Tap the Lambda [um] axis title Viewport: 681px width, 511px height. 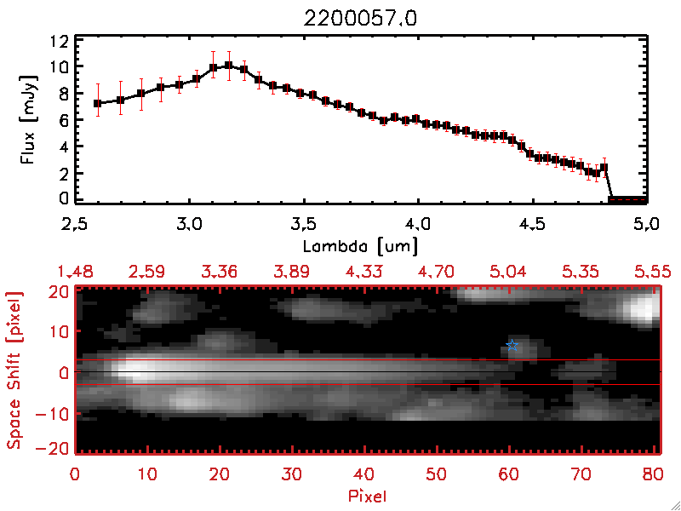pyautogui.click(x=360, y=246)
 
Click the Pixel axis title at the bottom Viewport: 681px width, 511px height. pyautogui.click(x=369, y=495)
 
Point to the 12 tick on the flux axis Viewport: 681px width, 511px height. pyautogui.click(x=59, y=41)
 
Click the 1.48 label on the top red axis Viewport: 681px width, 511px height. pyautogui.click(x=75, y=272)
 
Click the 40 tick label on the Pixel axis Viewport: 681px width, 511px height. pyautogui.click(x=365, y=473)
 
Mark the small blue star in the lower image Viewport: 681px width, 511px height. pyautogui.click(x=512, y=345)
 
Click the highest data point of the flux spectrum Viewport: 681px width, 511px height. pyautogui.click(x=228, y=65)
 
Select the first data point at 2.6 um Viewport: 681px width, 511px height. pyautogui.click(x=97, y=103)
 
